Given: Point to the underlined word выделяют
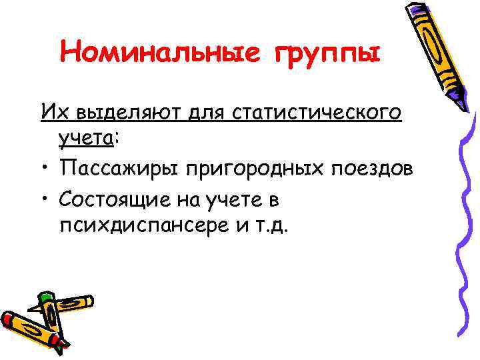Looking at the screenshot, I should [x=119, y=113].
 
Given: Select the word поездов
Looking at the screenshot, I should [x=373, y=169].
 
